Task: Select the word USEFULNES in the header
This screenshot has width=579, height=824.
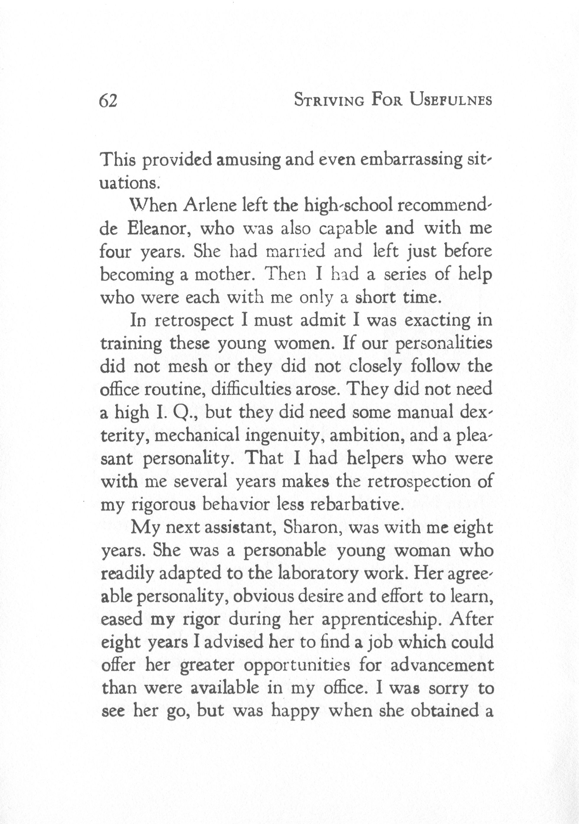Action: [451, 100]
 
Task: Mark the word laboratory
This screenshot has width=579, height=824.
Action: [318, 574]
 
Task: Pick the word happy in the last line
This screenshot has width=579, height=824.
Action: [295, 712]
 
